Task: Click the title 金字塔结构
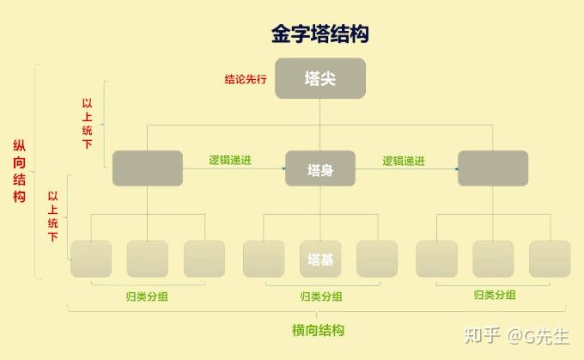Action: [319, 34]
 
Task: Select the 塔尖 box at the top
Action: [319, 77]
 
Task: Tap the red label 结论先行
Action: [246, 79]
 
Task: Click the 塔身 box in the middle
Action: [319, 168]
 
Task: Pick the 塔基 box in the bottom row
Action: [319, 258]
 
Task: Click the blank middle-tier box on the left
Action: [147, 168]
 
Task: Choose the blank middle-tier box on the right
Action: [492, 168]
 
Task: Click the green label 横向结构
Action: [319, 330]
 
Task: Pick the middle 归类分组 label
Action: [321, 296]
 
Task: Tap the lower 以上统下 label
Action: [53, 215]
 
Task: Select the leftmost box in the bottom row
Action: [91, 258]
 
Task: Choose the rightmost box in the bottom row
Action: [550, 258]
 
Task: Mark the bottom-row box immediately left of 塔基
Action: [264, 258]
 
